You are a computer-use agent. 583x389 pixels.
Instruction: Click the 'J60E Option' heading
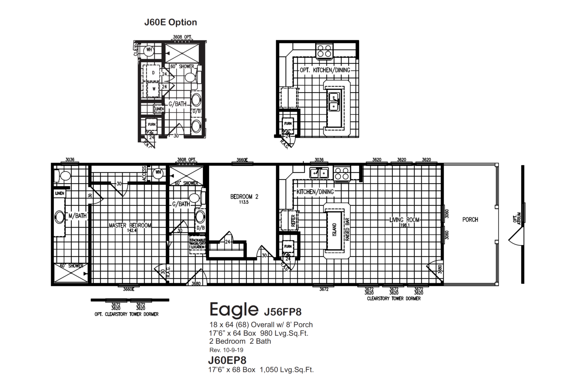(170, 22)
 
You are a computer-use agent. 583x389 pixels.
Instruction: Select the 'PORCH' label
(470, 220)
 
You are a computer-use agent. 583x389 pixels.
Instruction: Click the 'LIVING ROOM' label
(404, 220)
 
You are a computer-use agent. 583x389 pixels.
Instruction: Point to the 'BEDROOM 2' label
(244, 196)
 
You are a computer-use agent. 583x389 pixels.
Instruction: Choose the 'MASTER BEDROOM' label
(130, 225)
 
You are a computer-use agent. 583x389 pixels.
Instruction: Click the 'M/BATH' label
(77, 216)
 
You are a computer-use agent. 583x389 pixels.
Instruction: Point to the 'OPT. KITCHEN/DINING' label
(325, 70)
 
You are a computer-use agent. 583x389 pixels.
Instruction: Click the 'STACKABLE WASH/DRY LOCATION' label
(197, 244)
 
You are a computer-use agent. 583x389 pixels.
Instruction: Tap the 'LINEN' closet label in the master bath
(60, 193)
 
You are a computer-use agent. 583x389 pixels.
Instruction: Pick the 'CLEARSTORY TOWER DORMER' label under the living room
(394, 299)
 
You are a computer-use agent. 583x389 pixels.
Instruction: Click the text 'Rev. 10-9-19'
(226, 350)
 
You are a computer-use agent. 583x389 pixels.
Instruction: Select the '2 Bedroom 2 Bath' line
(240, 341)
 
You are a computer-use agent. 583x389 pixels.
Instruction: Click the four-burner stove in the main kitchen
(342, 173)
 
